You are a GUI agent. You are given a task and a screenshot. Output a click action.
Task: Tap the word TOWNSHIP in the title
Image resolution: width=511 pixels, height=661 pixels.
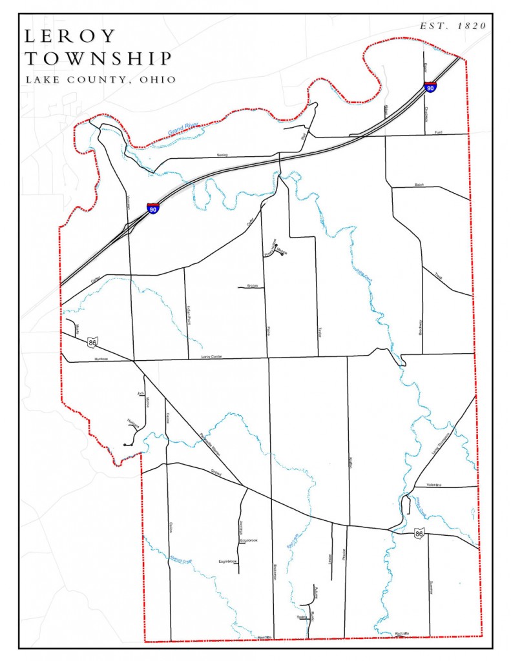98,58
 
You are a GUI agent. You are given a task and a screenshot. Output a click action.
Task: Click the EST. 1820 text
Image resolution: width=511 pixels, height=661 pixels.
452,26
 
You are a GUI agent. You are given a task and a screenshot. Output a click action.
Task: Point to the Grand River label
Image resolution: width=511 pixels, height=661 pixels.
183,127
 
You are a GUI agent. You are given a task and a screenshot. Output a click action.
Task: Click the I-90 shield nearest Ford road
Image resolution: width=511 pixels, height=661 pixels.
430,86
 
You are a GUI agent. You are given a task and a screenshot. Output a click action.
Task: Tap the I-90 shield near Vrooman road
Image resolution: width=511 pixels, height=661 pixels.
152,208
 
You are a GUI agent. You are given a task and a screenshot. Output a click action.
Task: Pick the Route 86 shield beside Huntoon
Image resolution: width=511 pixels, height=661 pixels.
94,341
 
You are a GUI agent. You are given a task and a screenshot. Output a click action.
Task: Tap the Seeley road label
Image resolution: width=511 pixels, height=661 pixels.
223,155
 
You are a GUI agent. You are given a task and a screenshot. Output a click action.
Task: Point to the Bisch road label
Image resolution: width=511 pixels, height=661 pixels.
419,185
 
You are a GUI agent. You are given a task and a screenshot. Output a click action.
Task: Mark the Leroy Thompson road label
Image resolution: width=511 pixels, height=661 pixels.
440,445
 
